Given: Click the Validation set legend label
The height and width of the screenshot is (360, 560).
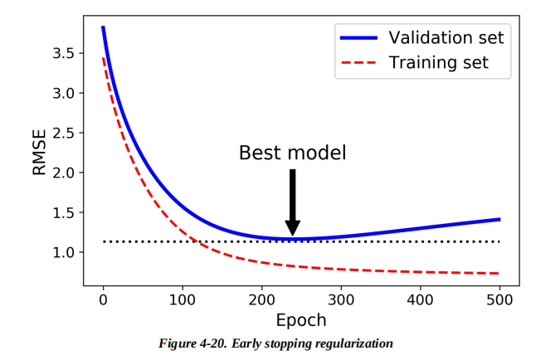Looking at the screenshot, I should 446,37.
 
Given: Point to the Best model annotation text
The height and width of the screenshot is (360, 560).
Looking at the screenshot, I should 292,153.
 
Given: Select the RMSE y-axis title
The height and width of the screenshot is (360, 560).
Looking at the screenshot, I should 40,151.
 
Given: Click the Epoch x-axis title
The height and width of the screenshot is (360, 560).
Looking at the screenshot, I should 300,319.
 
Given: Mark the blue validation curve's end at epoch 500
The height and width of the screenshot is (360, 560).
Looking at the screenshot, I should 499,219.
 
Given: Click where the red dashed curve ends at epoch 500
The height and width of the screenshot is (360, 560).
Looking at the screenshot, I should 499,273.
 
